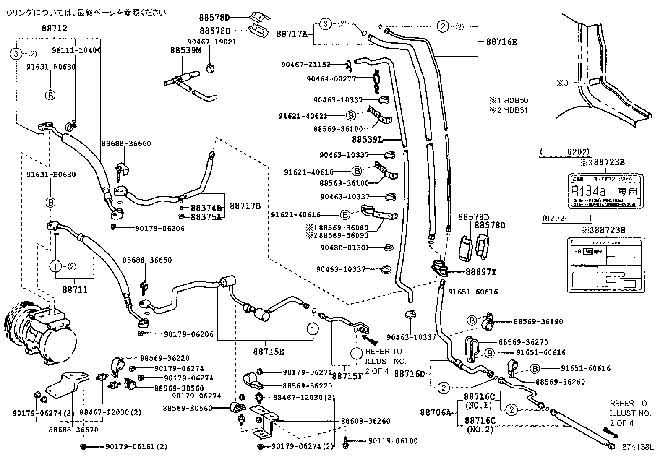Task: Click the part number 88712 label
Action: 54,29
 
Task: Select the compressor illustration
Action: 40,331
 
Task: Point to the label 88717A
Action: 292,34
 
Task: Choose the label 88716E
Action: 501,42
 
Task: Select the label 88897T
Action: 481,272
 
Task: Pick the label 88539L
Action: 367,139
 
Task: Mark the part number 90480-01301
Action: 344,247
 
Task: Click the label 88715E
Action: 269,352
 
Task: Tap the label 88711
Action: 76,289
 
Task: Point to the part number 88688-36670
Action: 73,429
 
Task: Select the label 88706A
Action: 436,412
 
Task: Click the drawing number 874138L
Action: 638,447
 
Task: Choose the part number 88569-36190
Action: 538,322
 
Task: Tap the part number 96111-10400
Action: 76,50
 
